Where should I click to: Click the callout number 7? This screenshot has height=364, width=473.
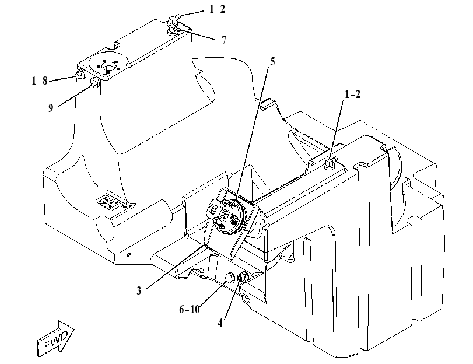pos(224,40)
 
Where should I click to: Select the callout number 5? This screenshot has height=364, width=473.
pos(272,62)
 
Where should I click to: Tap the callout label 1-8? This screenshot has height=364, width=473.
pos(40,81)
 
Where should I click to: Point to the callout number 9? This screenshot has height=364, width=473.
pos(51,108)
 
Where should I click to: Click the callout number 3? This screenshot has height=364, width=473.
pos(139,290)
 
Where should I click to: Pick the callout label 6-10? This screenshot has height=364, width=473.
pos(190,309)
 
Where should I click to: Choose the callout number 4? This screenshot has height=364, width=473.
pos(220,323)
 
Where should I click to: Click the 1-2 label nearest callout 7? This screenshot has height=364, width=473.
pos(217,9)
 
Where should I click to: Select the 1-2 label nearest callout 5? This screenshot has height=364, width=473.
pos(352,94)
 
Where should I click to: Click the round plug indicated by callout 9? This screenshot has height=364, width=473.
pos(95,82)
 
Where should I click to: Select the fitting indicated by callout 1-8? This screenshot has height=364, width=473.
pos(80,74)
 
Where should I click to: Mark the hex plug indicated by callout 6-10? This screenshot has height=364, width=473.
pos(230,277)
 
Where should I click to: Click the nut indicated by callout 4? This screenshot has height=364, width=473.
pos(243,277)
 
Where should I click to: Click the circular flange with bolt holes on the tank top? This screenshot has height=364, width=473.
pos(107,64)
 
